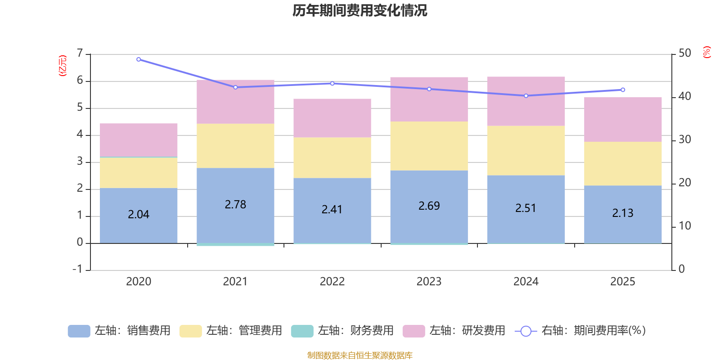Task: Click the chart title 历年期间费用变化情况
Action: point(360,10)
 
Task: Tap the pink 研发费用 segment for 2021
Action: point(235,102)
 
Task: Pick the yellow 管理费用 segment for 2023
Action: point(429,146)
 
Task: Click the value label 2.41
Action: point(332,210)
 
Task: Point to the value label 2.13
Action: point(623,213)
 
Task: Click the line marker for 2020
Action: point(139,59)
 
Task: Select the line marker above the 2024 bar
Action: point(526,96)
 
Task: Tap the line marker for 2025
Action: point(623,90)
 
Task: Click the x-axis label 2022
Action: point(332,282)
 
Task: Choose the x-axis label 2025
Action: point(623,282)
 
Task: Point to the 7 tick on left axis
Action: point(80,54)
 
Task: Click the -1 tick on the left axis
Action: point(78,269)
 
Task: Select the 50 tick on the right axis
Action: point(684,54)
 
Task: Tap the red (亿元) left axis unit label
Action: point(63,66)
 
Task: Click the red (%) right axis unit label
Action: point(706,52)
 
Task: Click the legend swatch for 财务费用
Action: point(302,331)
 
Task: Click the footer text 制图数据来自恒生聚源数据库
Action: point(360,355)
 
